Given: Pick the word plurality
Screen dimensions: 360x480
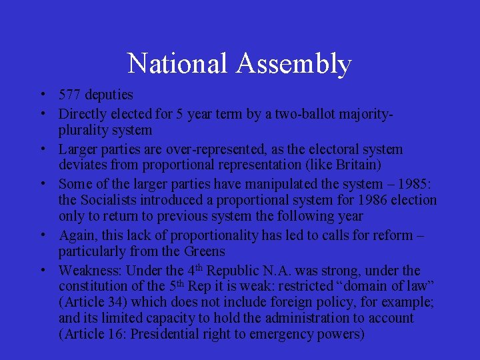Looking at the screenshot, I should click(x=85, y=130).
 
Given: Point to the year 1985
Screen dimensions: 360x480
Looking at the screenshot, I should click(x=409, y=183).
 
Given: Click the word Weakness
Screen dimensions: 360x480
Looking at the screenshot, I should click(x=89, y=271).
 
